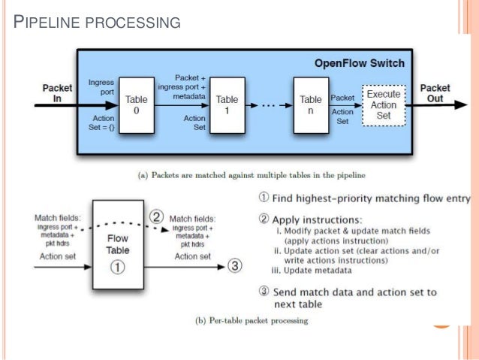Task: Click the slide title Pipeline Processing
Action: [x=98, y=22]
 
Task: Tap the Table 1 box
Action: [x=227, y=104]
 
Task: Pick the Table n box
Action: [x=310, y=104]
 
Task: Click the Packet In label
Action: [x=57, y=92]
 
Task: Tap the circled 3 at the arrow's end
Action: [x=236, y=265]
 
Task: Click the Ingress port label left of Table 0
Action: [x=101, y=85]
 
